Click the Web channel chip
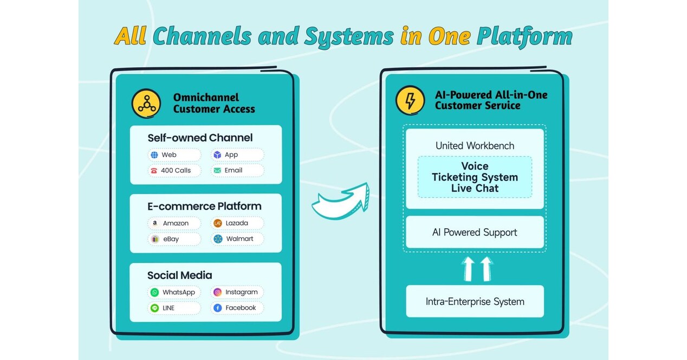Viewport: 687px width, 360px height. (174, 155)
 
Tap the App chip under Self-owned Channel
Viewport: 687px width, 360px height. (237, 155)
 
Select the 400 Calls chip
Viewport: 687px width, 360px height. (174, 170)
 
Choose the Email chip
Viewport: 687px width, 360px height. (237, 170)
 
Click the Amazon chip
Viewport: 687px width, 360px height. (174, 223)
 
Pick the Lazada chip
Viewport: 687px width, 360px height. (237, 223)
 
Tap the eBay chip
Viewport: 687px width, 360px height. (174, 239)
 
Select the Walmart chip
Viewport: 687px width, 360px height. (237, 239)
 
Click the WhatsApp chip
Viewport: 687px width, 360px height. (174, 292)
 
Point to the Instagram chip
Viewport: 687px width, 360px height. (237, 292)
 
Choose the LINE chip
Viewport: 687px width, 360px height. (174, 308)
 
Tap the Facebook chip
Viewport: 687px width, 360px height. (237, 308)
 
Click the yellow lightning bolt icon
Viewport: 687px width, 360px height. (410, 100)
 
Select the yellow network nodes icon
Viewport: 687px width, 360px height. (146, 103)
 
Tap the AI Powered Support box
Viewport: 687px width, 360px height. (475, 233)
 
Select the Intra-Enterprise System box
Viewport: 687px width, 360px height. (475, 301)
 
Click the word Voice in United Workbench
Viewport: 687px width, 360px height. (475, 166)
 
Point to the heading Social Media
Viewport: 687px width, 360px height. (180, 275)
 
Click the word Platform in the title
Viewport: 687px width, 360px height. (524, 36)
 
